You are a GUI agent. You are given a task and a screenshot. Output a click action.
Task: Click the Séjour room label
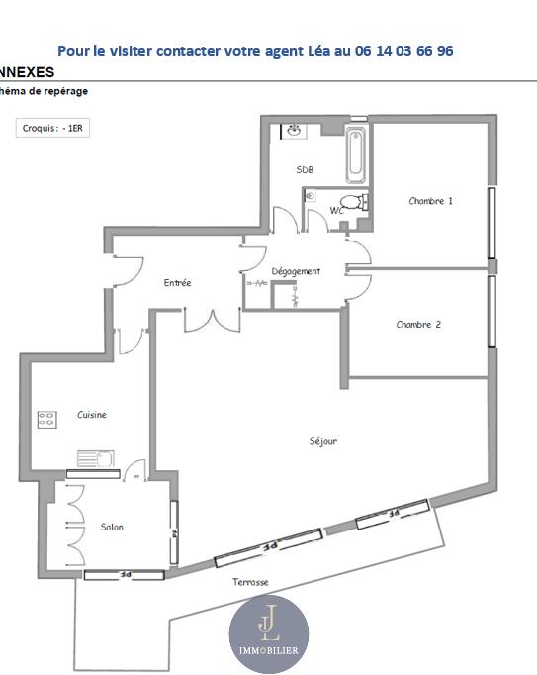point(322,441)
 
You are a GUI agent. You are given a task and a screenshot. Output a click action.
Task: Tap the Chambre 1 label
point(430,201)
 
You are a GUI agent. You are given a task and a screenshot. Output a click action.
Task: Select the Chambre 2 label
point(418,325)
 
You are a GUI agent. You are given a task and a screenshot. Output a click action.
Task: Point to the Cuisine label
point(92,415)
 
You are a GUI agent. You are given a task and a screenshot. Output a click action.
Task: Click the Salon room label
point(112,527)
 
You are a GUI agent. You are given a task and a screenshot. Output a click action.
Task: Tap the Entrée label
point(177,283)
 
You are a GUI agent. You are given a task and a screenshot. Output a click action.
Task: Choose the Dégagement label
point(296,271)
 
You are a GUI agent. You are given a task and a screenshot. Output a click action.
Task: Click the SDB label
point(305,170)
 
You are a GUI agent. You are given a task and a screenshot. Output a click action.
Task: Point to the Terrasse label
point(250,582)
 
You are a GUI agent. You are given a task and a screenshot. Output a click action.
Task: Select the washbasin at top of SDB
point(294,130)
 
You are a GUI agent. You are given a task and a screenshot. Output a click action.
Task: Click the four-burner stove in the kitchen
point(47,419)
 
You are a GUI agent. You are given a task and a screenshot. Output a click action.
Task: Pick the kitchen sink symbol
point(97,458)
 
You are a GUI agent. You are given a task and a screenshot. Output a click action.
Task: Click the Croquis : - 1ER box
point(52,128)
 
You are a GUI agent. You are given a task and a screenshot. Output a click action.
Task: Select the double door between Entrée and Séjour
point(213,320)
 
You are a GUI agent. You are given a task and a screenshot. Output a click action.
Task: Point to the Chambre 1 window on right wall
point(492,223)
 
